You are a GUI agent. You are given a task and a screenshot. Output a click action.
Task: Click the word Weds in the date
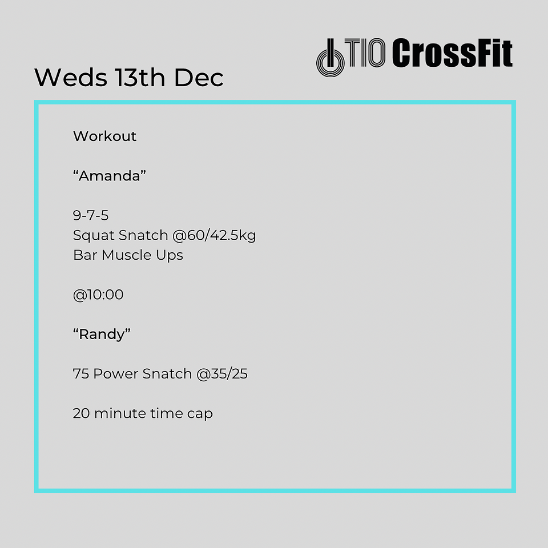[71, 77]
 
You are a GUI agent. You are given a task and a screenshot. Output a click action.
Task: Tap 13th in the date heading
[140, 77]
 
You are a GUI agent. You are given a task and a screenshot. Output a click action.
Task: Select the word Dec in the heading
[199, 77]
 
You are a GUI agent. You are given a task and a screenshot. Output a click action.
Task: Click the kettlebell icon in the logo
[331, 58]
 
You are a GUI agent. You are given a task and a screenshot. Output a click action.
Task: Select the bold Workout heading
[104, 136]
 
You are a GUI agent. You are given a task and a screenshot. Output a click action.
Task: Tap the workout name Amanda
[110, 175]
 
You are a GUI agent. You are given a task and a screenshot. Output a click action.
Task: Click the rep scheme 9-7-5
[91, 215]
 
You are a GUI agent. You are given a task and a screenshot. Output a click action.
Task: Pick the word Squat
[94, 236]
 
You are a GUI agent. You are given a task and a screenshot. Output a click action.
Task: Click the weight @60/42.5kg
[214, 236]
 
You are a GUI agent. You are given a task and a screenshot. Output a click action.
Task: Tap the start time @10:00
[98, 295]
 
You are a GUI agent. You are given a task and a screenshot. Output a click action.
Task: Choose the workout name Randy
[102, 335]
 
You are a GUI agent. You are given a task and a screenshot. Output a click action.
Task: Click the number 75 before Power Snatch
[80, 373]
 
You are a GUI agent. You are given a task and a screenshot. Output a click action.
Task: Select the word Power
[116, 373]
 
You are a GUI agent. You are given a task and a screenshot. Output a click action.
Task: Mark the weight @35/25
[222, 374]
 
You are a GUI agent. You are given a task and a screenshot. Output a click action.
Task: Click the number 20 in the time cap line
[82, 413]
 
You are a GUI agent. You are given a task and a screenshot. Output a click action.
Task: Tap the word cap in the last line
[200, 414]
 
